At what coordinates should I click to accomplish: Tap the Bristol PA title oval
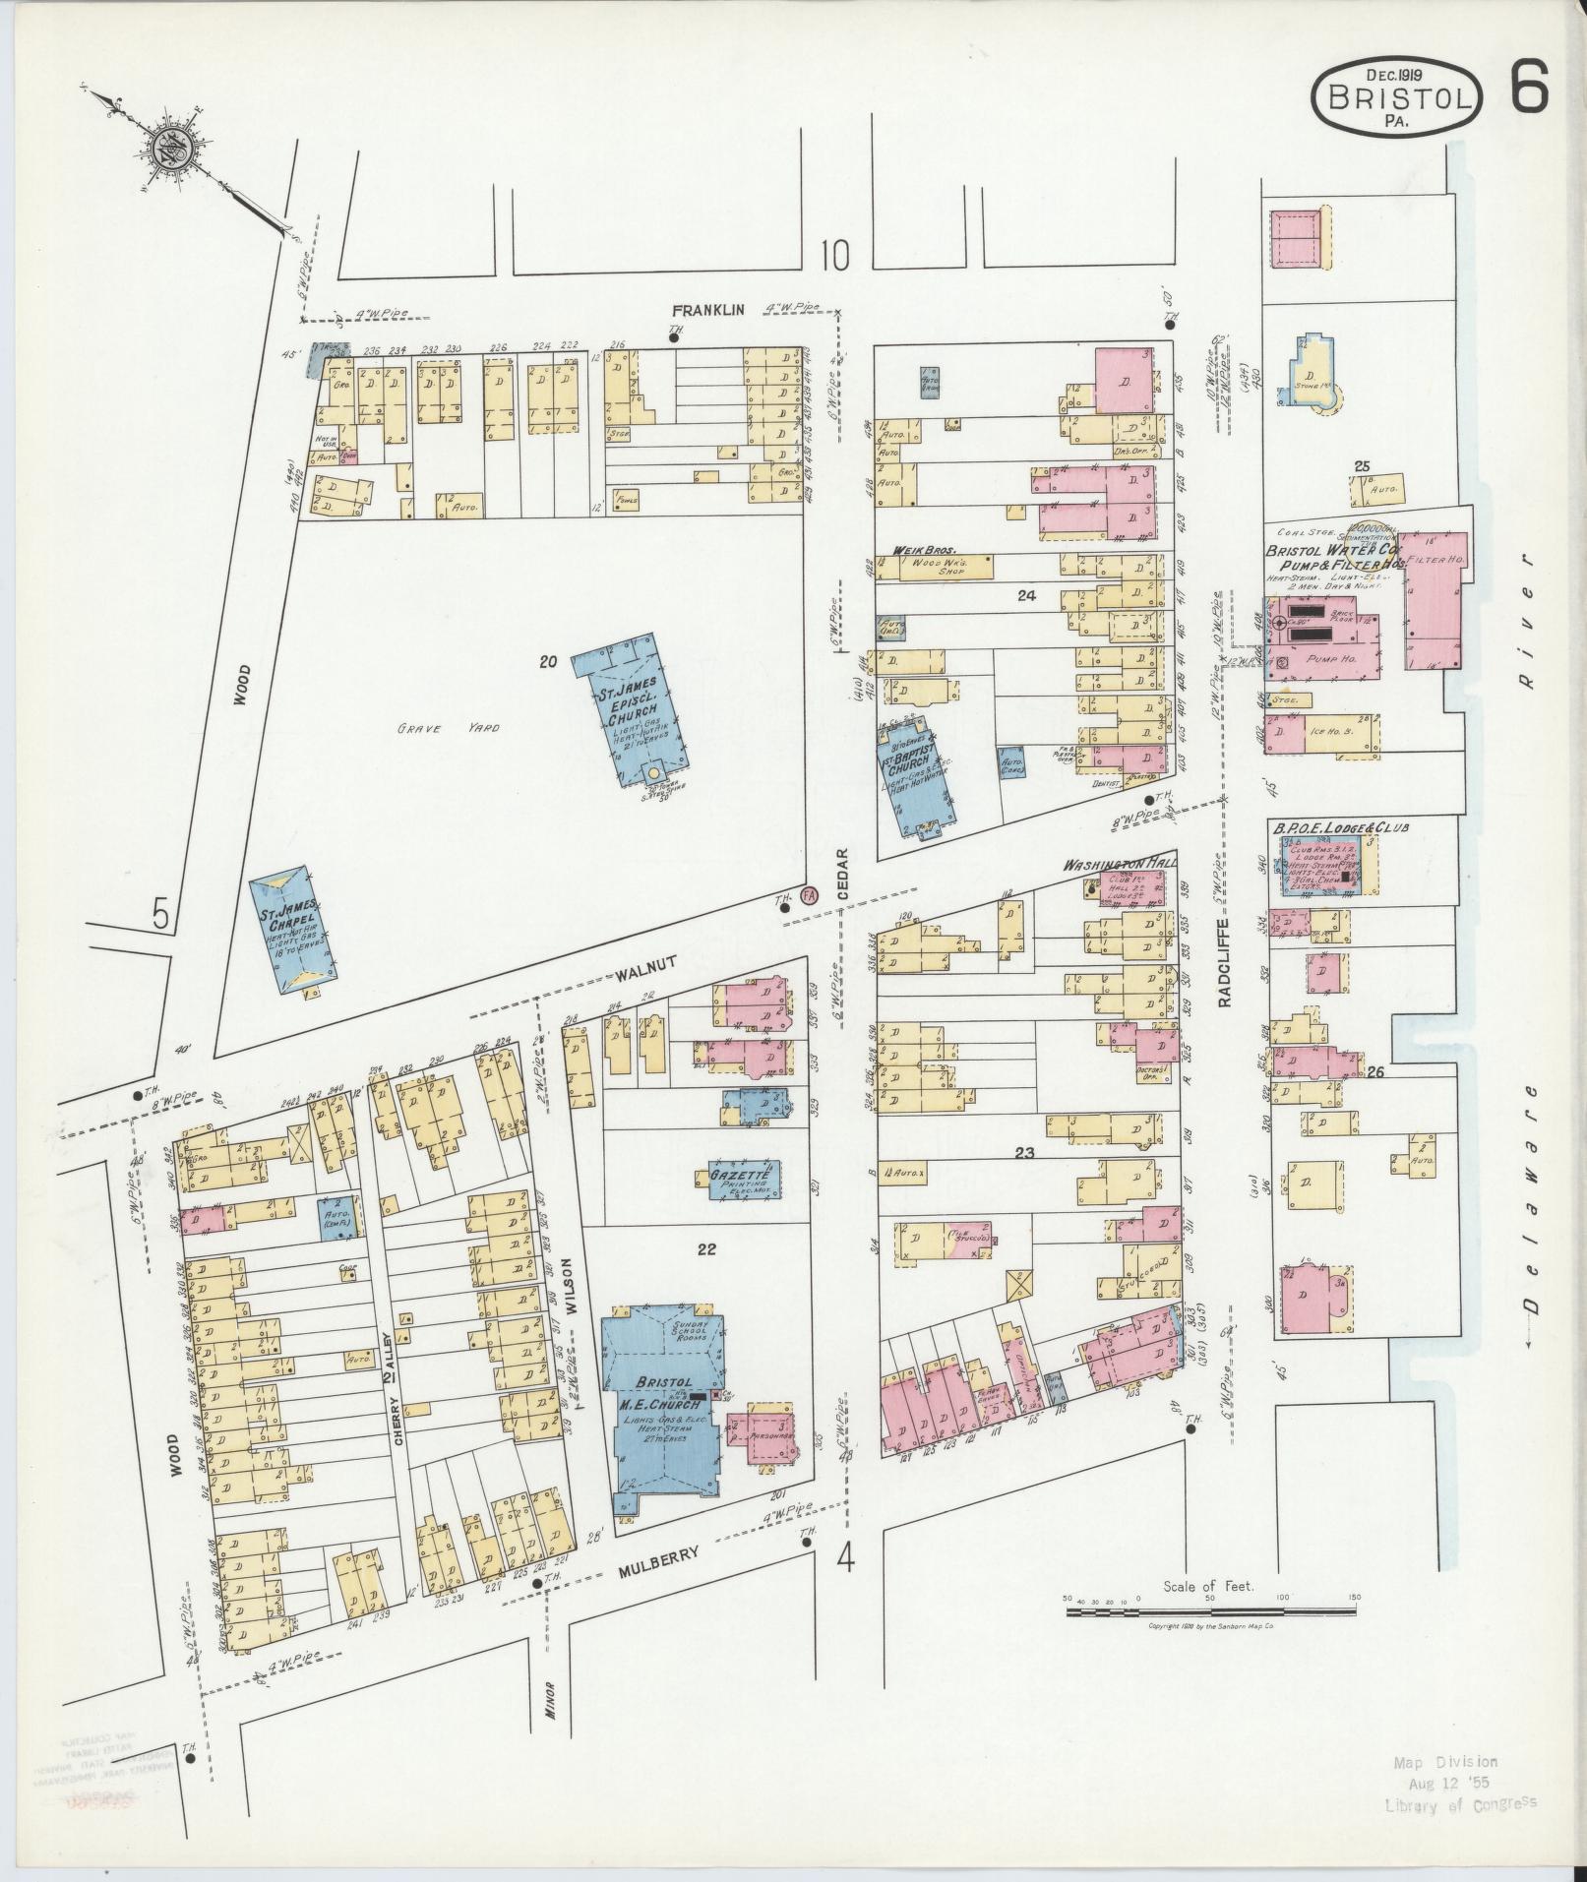pyautogui.click(x=1397, y=98)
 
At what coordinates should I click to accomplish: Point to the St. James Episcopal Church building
pyautogui.click(x=638, y=708)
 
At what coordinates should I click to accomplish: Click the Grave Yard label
pyautogui.click(x=448, y=729)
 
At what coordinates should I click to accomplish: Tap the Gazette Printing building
pyautogui.click(x=746, y=1179)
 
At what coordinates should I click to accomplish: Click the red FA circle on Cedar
pyautogui.click(x=810, y=895)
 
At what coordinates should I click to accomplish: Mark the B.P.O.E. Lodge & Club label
pyautogui.click(x=1341, y=828)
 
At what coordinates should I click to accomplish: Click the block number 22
pyautogui.click(x=705, y=1250)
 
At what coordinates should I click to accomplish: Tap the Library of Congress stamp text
pyautogui.click(x=1460, y=1804)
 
